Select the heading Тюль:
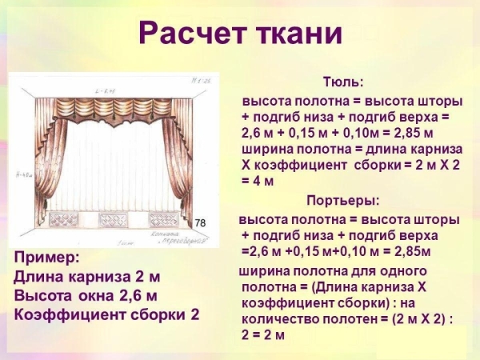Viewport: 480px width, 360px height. pyautogui.click(x=342, y=82)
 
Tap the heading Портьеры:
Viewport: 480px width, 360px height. pyautogui.click(x=342, y=200)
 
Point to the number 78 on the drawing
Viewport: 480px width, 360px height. pyautogui.click(x=201, y=221)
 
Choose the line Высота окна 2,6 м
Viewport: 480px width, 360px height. pyautogui.click(x=86, y=295)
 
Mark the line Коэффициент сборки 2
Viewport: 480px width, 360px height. pyautogui.click(x=106, y=314)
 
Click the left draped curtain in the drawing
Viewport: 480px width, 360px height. pyautogui.click(x=48, y=160)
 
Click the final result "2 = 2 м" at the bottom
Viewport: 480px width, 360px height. pyautogui.click(x=263, y=334)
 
